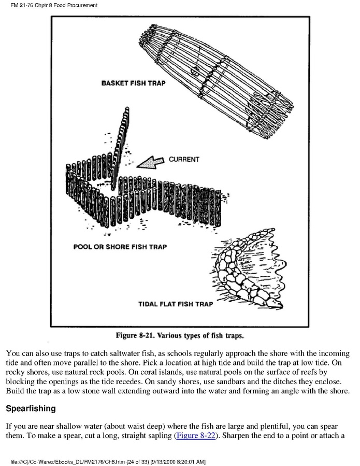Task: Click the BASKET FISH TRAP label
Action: point(134,83)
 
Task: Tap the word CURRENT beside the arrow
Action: point(184,159)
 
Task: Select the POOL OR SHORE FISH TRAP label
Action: point(120,247)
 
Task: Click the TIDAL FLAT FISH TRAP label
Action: point(175,304)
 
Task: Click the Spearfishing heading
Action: point(31,408)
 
